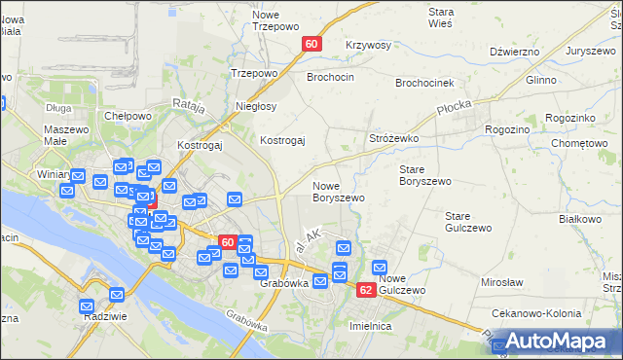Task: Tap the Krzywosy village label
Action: click(368, 46)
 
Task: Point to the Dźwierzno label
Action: click(514, 52)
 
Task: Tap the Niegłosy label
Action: click(257, 106)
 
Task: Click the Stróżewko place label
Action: click(393, 139)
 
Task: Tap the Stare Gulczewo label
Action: click(464, 222)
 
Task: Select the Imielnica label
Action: click(370, 326)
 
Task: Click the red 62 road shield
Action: click(366, 290)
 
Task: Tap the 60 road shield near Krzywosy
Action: click(311, 44)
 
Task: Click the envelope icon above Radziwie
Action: click(117, 294)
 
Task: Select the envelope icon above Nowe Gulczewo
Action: click(380, 268)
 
